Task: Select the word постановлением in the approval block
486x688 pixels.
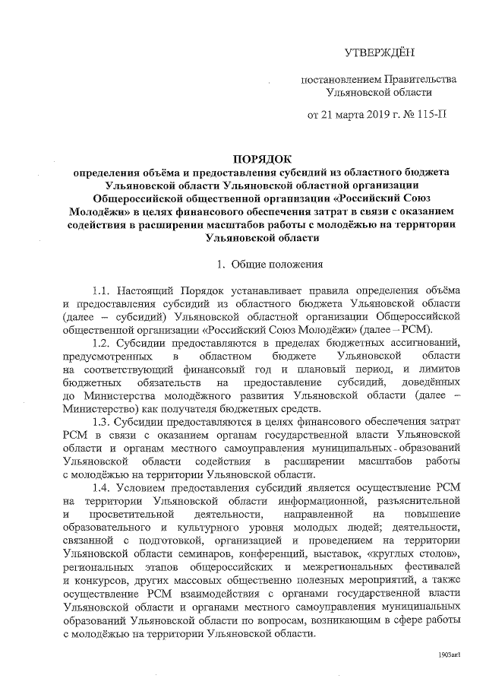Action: [x=339, y=79]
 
